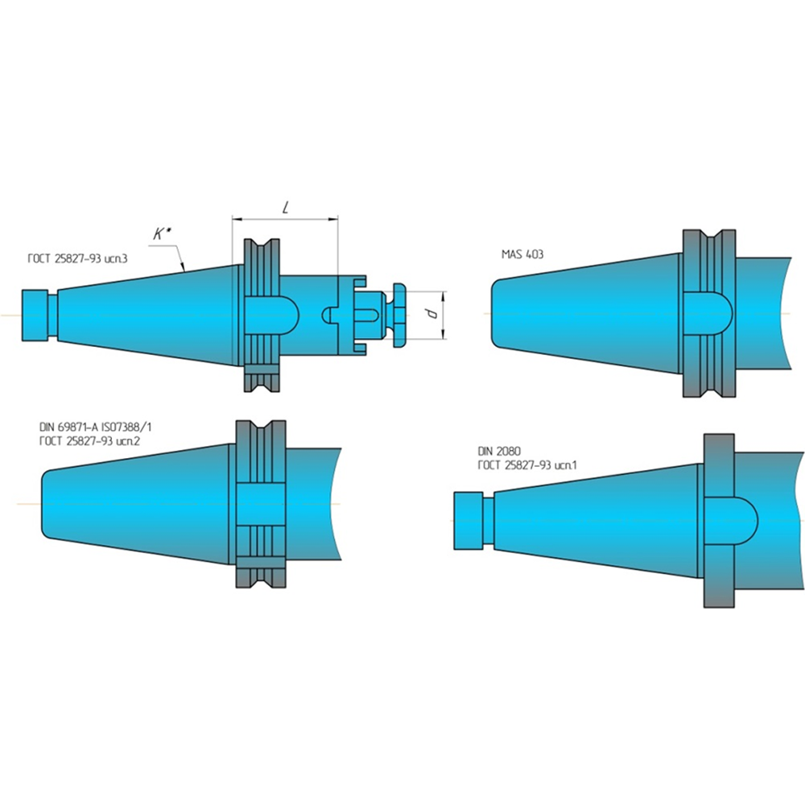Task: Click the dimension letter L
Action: pyautogui.click(x=286, y=208)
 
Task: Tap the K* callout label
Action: pyautogui.click(x=162, y=234)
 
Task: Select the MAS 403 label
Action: pyautogui.click(x=522, y=254)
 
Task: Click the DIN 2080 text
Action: pyautogui.click(x=499, y=452)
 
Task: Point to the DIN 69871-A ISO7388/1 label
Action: pyautogui.click(x=96, y=427)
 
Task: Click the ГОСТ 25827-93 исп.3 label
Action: pyautogui.click(x=77, y=258)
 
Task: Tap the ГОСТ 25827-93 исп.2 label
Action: pyautogui.click(x=90, y=441)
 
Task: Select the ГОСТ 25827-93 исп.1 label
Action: pyautogui.click(x=528, y=465)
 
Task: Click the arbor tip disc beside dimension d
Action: pyautogui.click(x=399, y=315)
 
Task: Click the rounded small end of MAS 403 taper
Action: pyautogui.click(x=496, y=313)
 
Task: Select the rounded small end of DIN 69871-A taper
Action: pyautogui.click(x=46, y=504)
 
